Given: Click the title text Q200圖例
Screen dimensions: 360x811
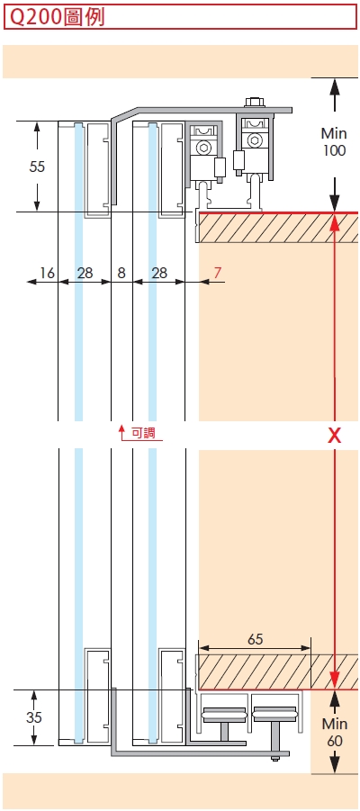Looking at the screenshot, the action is click(58, 17).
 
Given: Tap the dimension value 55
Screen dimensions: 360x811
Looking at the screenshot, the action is click(37, 167).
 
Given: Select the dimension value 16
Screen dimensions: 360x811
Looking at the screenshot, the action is click(47, 273).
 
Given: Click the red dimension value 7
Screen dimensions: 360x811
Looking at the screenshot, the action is click(218, 273).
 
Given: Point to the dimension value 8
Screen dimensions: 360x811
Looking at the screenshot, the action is click(121, 273).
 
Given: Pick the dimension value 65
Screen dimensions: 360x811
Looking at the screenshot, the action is click(255, 639).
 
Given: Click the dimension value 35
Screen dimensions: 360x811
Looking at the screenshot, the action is click(33, 717).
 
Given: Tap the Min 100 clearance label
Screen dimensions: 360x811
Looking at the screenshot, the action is click(334, 141).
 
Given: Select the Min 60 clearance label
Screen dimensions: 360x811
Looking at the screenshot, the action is click(335, 733).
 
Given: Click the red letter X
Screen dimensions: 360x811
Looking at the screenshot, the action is click(335, 436).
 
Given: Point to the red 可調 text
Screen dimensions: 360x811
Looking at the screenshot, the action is click(143, 432).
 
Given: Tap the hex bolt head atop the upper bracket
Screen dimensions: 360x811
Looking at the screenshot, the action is click(256, 102).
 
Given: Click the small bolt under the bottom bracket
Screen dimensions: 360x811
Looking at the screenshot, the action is click(275, 759).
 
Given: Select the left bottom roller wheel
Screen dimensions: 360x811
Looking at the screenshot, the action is click(224, 716).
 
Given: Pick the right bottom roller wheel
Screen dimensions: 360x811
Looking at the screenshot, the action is click(274, 716).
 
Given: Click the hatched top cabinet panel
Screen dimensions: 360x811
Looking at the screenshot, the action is click(279, 227).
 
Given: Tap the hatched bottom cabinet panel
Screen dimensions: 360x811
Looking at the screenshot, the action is click(277, 671).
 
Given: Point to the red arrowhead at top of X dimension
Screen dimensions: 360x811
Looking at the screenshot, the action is click(335, 222).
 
